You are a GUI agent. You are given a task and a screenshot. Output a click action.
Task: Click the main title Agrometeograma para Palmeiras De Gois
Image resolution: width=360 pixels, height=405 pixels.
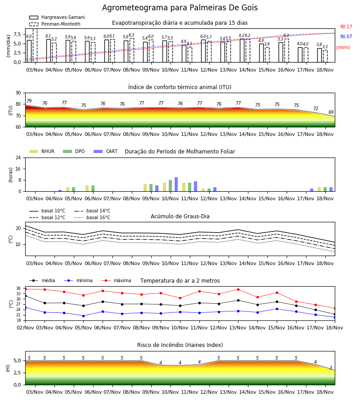180,8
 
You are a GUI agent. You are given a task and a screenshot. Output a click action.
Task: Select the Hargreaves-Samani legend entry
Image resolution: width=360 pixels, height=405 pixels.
57,17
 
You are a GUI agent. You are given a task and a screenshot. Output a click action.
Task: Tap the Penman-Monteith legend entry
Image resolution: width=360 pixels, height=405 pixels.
55,24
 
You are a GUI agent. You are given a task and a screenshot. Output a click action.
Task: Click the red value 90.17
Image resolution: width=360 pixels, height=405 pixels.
346,27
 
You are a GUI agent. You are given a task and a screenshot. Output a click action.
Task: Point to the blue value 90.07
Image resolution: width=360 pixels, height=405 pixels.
346,36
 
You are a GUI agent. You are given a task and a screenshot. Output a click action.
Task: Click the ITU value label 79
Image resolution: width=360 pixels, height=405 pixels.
29,101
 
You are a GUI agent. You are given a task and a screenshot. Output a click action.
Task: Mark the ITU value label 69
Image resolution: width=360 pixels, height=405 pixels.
331,112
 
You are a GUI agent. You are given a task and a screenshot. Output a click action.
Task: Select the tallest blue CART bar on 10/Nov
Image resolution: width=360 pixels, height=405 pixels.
176,184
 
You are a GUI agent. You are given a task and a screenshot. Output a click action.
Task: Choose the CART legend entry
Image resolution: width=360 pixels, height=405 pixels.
106,151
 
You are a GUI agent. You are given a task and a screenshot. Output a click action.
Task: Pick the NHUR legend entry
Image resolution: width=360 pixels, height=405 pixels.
41,151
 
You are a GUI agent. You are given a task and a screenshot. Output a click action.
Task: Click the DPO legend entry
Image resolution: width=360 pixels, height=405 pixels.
74,151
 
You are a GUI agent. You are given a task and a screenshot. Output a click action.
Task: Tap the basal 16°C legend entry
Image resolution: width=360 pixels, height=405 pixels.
92,217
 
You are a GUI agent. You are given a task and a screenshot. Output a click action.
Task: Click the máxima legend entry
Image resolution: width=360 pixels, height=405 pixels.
116,280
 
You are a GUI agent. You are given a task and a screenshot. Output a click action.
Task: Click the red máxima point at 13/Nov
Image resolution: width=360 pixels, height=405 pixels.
238,289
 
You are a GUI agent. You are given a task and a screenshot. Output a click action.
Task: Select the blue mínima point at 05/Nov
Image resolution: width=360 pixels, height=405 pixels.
83,316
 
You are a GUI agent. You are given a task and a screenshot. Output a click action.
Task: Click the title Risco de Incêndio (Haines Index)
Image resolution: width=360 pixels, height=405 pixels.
180,345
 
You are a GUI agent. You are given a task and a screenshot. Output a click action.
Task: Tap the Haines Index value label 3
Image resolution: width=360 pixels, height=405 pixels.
331,368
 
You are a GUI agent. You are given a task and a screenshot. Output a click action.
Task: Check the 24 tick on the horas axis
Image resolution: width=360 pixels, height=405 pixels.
18,158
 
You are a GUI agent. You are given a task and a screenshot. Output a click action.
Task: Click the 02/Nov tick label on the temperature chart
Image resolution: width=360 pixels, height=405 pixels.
25,328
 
